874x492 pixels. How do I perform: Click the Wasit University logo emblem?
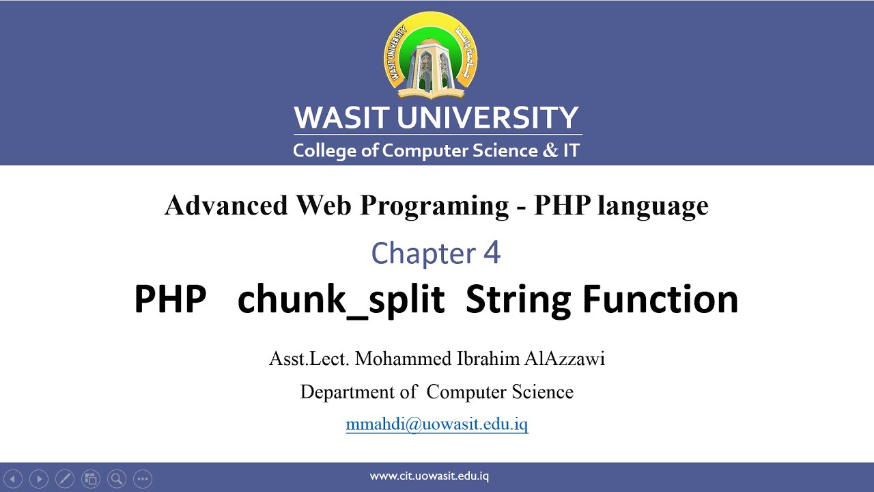point(431,55)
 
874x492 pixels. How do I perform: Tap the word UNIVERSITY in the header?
point(488,118)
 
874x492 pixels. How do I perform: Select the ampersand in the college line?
point(550,150)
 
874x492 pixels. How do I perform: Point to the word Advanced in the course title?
point(226,205)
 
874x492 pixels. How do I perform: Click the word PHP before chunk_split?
point(170,299)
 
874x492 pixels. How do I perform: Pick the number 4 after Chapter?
point(492,254)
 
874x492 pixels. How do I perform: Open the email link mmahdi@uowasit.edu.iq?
point(437,424)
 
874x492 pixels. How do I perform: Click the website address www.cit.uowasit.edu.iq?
point(429,476)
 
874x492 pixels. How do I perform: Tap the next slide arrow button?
point(39,479)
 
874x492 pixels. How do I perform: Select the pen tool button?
point(64,479)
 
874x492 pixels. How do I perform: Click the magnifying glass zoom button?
point(117,479)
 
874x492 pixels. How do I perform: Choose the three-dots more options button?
point(142,479)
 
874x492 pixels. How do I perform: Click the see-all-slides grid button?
point(90,479)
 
